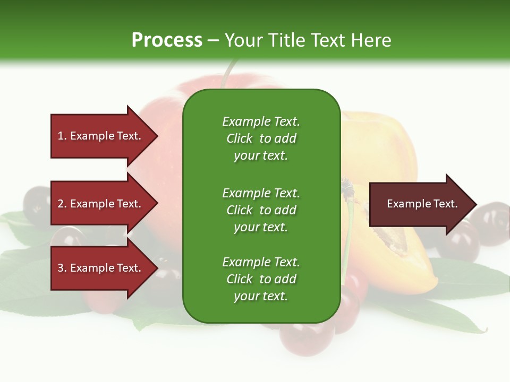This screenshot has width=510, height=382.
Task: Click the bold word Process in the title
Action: [167, 40]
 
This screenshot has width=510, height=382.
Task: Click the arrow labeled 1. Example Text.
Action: [101, 136]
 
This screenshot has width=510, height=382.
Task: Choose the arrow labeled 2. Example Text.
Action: [101, 204]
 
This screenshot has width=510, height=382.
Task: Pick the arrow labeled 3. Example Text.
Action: [101, 268]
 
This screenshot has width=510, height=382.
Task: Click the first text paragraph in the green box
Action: [261, 138]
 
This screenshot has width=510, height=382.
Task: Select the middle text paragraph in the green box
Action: [261, 210]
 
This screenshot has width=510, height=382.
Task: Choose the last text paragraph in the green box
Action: [261, 279]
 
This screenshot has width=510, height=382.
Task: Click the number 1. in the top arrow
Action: [62, 136]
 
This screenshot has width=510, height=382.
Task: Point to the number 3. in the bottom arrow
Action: [62, 268]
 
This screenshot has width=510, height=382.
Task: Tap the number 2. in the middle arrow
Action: [62, 204]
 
